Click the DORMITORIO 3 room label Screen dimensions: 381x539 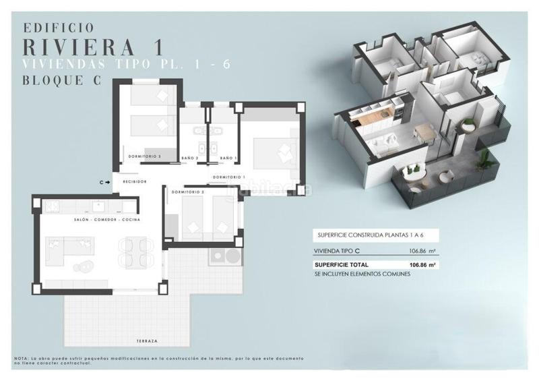[x=144, y=156]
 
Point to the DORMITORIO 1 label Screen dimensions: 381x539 [x=227, y=177]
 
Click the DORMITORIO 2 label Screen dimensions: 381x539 [x=187, y=192]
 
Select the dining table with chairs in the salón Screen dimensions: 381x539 [x=135, y=253]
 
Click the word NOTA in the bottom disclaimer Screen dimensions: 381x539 [x=20, y=357]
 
